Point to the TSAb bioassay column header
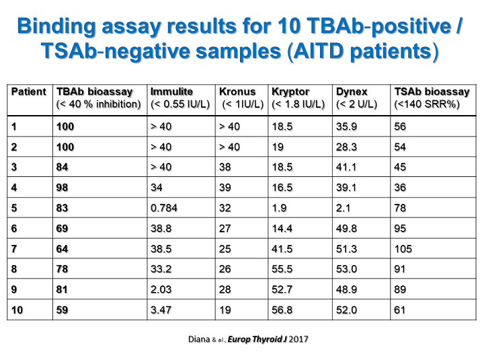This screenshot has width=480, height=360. pos(430,92)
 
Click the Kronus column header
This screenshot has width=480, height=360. pos(235,92)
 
